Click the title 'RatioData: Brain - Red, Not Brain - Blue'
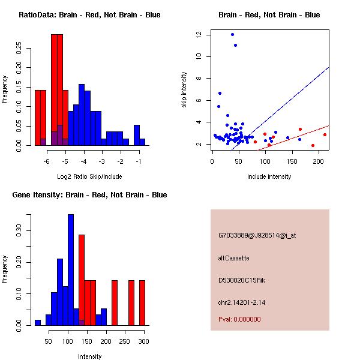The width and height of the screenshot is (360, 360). click(89, 15)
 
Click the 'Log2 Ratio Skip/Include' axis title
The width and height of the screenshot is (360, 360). click(89, 178)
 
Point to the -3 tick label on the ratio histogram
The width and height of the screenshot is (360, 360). click(102, 161)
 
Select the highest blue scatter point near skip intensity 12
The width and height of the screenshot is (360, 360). click(232, 34)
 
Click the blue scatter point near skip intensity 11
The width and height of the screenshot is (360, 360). click(235, 45)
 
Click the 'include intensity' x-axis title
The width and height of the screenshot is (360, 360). click(269, 176)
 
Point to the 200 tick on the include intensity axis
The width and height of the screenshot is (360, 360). click(318, 161)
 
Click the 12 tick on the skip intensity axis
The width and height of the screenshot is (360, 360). click(199, 35)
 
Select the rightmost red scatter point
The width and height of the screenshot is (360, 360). click(325, 134)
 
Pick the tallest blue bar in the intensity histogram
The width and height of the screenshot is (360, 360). click(71, 269)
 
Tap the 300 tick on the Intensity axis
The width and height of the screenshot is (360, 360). click(143, 341)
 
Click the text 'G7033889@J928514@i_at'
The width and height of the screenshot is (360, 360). click(257, 235)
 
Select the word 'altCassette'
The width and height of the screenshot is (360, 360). click(233, 258)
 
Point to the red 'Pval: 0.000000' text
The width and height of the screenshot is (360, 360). click(239, 319)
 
